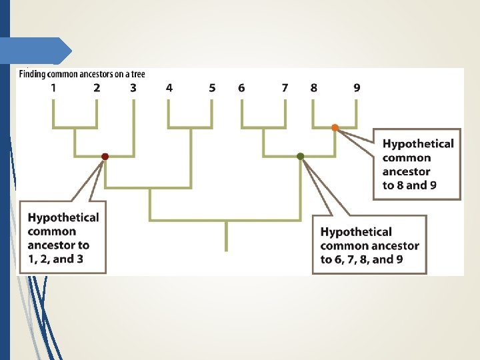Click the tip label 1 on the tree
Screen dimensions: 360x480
(53, 87)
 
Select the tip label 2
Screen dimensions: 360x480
(97, 87)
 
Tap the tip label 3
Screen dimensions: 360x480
(133, 87)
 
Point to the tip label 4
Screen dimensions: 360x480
(169, 87)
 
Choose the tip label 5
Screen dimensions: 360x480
(212, 87)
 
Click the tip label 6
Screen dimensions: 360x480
(241, 87)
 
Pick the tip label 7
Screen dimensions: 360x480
(285, 87)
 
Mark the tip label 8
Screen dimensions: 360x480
(313, 87)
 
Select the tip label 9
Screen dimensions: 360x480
(357, 87)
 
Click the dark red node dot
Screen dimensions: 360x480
(105, 157)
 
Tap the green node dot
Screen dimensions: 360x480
(301, 157)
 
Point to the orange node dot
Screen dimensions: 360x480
(335, 127)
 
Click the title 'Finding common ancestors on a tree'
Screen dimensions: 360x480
(81, 74)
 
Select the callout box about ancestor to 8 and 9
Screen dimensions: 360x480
(417, 164)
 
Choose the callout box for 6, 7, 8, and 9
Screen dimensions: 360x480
(369, 244)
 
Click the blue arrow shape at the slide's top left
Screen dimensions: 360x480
(37, 51)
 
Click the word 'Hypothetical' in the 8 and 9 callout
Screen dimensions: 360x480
(418, 143)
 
